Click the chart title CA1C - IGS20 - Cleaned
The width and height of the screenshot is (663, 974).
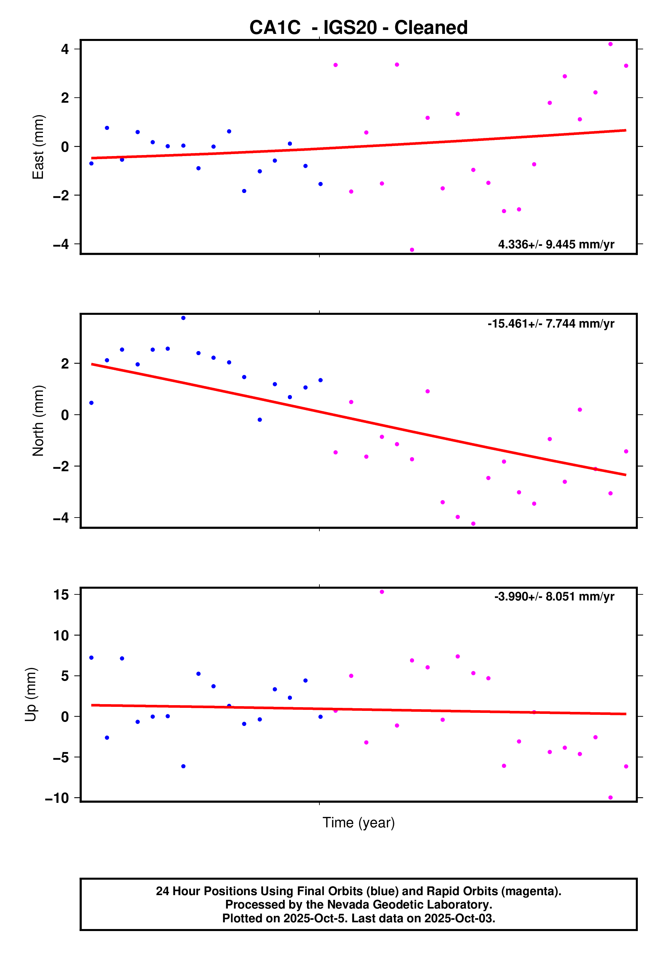[358, 28]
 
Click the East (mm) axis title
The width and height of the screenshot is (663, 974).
[38, 147]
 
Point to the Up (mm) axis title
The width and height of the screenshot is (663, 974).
[31, 694]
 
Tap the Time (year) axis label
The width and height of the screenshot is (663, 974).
[358, 822]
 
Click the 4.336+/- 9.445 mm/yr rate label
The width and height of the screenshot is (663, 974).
[556, 244]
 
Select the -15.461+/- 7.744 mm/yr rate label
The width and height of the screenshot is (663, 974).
[551, 324]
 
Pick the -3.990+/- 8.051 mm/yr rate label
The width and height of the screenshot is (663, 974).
[554, 596]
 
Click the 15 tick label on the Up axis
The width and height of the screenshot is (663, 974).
[61, 595]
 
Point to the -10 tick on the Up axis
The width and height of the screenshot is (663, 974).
[57, 798]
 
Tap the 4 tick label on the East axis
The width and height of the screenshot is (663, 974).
[65, 49]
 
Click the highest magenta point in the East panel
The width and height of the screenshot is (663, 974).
[610, 44]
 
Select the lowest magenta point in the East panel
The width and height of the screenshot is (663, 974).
[412, 250]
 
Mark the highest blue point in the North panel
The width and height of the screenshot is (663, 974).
[183, 318]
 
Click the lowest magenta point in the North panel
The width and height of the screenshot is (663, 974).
[473, 524]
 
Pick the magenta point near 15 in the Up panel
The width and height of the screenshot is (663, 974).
[382, 592]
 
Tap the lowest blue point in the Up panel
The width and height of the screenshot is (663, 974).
[183, 766]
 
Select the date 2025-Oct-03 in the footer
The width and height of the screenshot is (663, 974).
[459, 918]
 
